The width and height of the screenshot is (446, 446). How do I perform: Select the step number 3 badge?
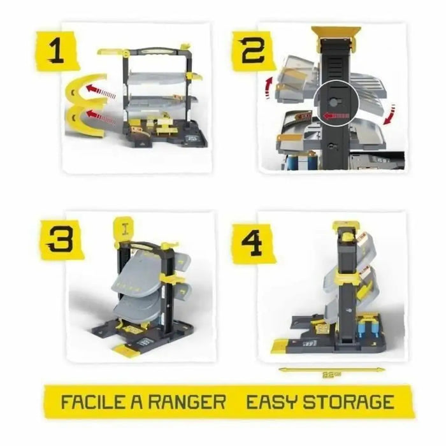(x=60, y=240)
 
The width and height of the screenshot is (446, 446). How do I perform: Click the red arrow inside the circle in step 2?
(x=334, y=116)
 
